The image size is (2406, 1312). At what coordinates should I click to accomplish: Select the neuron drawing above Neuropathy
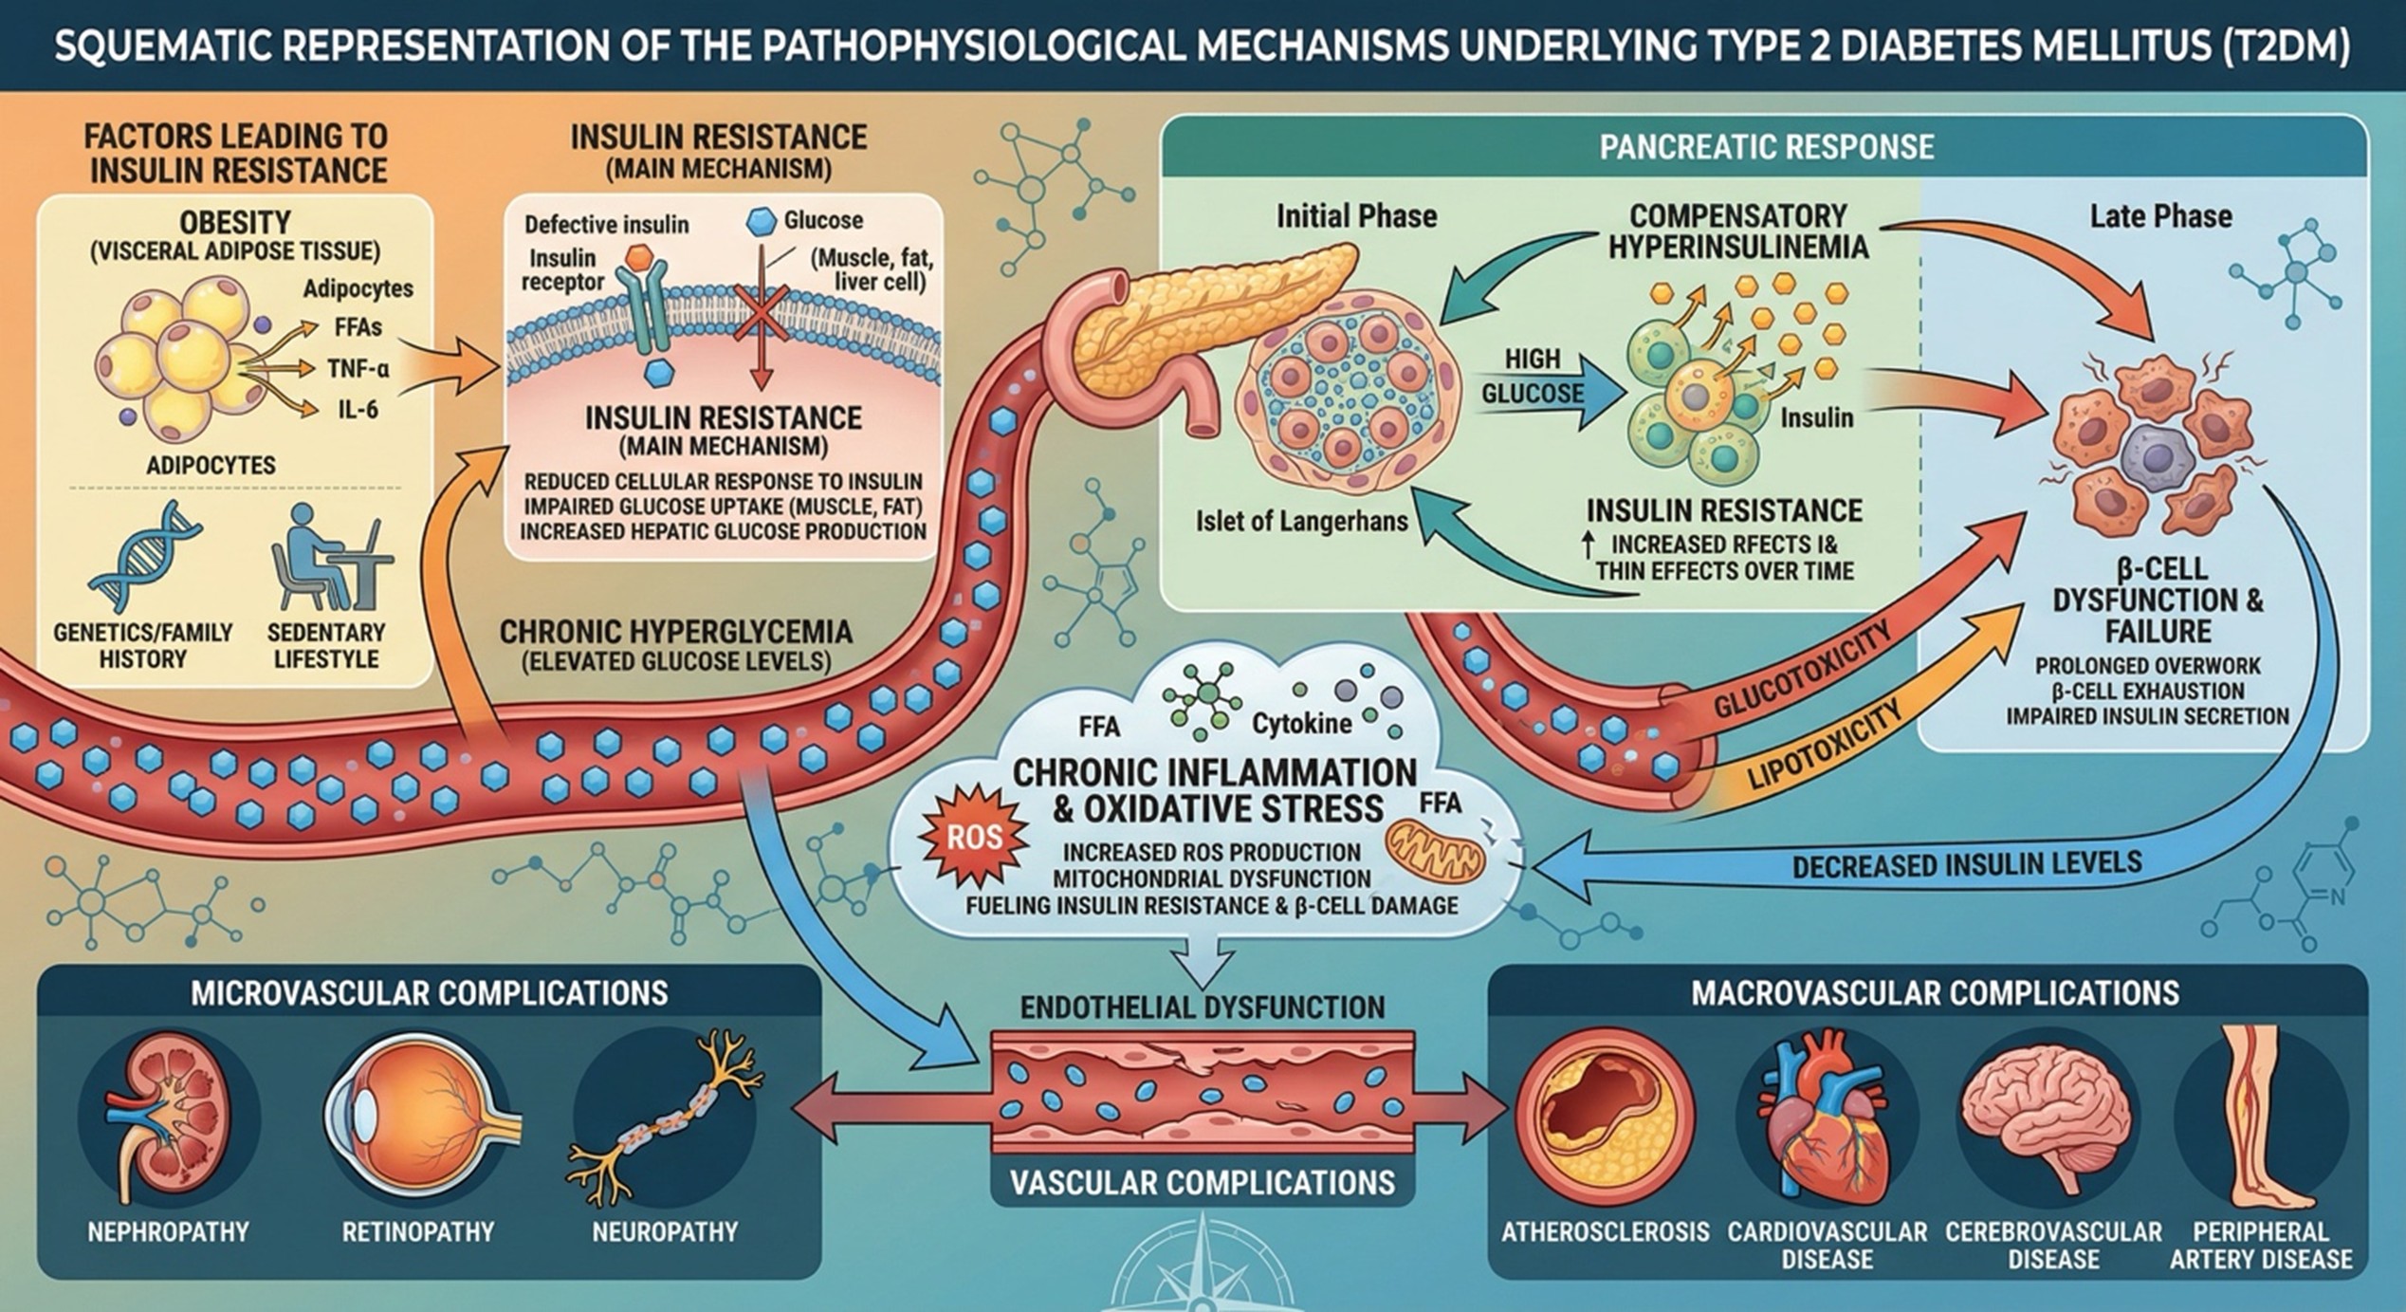(664, 1119)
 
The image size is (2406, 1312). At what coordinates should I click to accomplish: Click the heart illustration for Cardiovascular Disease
(1827, 1119)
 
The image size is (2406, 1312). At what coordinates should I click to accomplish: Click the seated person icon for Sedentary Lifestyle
(327, 560)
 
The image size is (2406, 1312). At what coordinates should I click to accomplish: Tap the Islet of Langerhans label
(1301, 521)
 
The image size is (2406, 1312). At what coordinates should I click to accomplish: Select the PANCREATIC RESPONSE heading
(1766, 147)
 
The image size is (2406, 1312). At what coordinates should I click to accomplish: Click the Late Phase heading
(2159, 216)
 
